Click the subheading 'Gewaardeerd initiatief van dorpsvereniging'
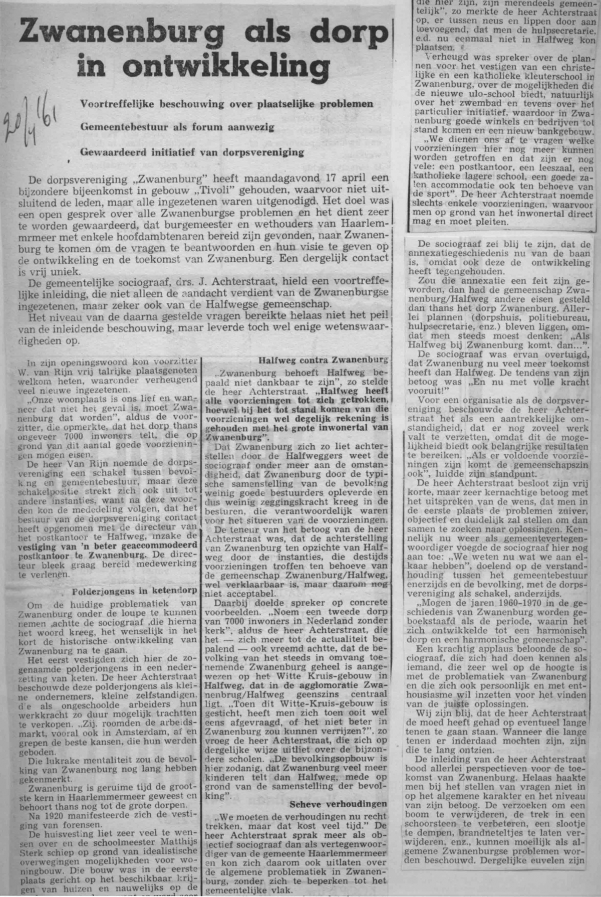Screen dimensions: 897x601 [x=192, y=151]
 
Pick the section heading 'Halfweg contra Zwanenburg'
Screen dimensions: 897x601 [x=324, y=359]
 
